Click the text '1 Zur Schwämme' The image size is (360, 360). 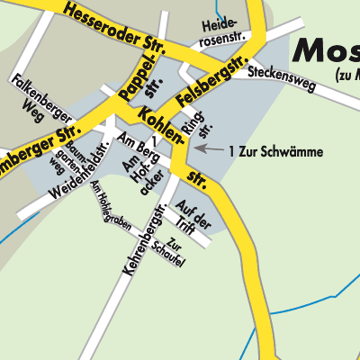pos(275,150)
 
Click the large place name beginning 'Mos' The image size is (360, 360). pos(323,49)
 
